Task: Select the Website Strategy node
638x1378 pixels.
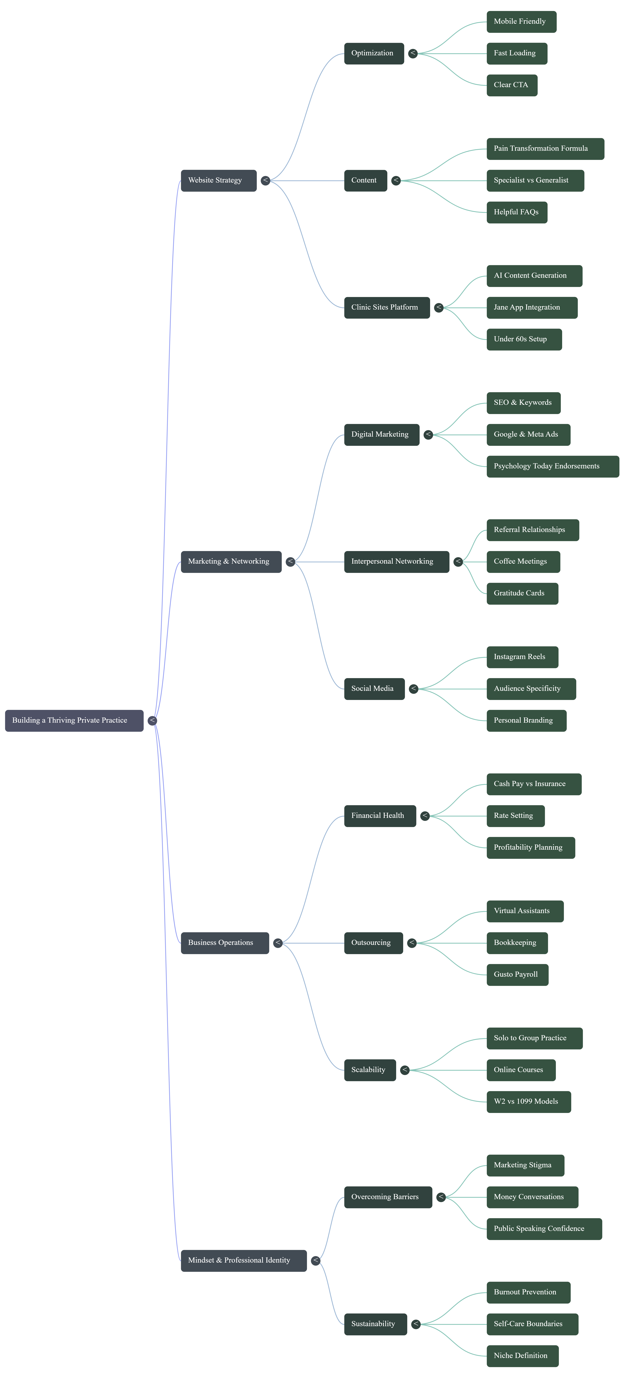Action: click(218, 181)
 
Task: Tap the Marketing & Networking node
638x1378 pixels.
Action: click(231, 562)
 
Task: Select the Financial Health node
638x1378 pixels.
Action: click(380, 816)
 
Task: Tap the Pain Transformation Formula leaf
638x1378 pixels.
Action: click(545, 149)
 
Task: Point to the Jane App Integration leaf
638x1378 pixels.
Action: click(532, 308)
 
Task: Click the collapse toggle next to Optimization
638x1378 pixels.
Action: click(413, 53)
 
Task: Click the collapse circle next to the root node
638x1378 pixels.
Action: click(152, 721)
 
